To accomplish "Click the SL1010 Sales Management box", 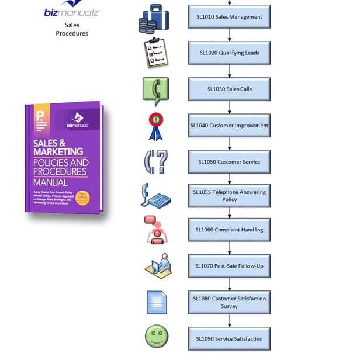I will [229, 17].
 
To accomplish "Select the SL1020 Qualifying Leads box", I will [229, 53].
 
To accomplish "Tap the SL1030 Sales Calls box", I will [229, 89].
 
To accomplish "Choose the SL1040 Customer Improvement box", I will [229, 125].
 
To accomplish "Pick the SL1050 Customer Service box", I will [229, 162].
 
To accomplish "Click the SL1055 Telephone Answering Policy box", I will [229, 196].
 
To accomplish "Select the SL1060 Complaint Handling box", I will [229, 230].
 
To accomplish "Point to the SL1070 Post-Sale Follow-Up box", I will [229, 266].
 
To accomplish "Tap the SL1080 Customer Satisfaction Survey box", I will [229, 302].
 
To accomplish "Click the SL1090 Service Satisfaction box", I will [229, 338].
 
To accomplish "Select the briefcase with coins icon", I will [154, 18].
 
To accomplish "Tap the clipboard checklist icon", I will [155, 53].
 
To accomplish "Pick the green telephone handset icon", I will [155, 89].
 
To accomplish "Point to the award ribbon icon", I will [155, 126].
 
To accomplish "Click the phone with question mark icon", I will [155, 162].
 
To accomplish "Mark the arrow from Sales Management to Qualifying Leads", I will [229, 35].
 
